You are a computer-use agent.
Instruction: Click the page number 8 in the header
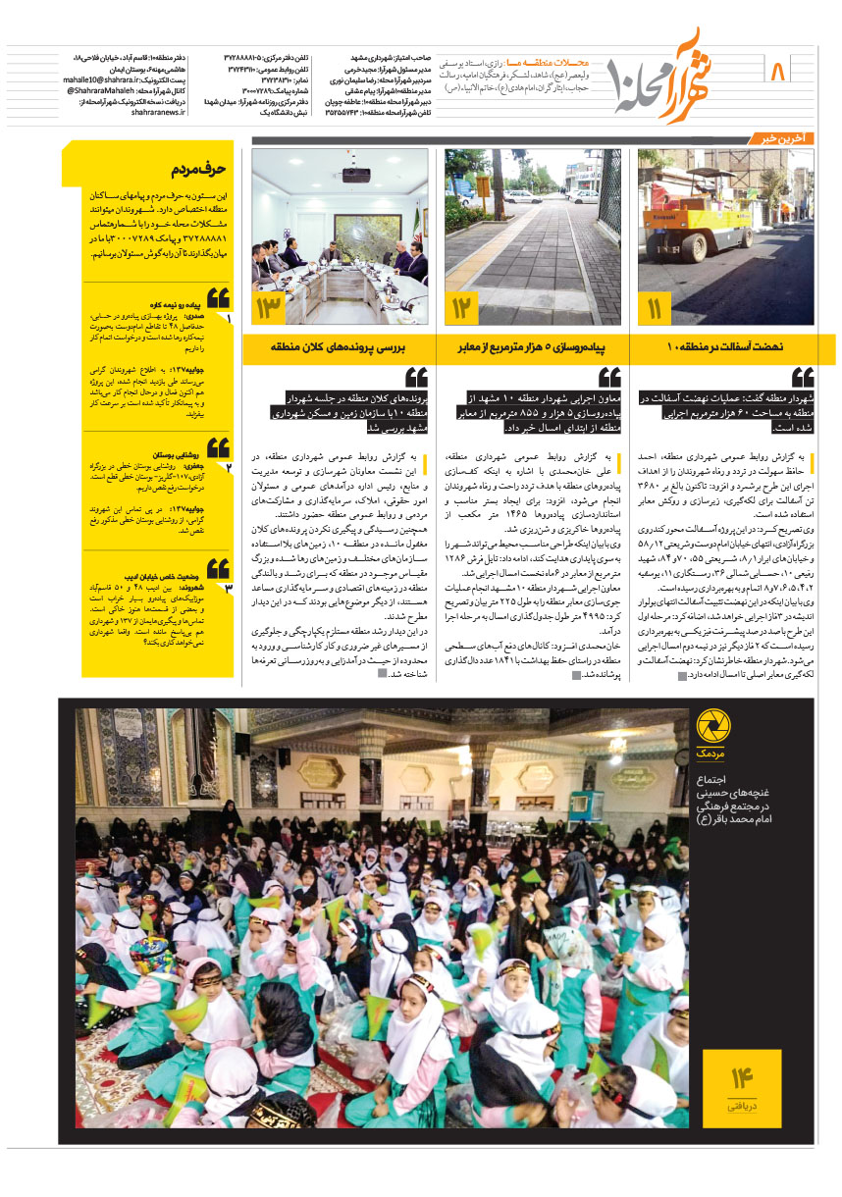tap(780, 72)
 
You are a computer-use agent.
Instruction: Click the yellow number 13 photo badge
tap(269, 309)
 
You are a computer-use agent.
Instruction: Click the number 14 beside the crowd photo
tap(741, 1078)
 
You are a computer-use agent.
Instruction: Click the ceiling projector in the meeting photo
tap(355, 176)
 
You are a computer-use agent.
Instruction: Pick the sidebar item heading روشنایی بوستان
tap(178, 456)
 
